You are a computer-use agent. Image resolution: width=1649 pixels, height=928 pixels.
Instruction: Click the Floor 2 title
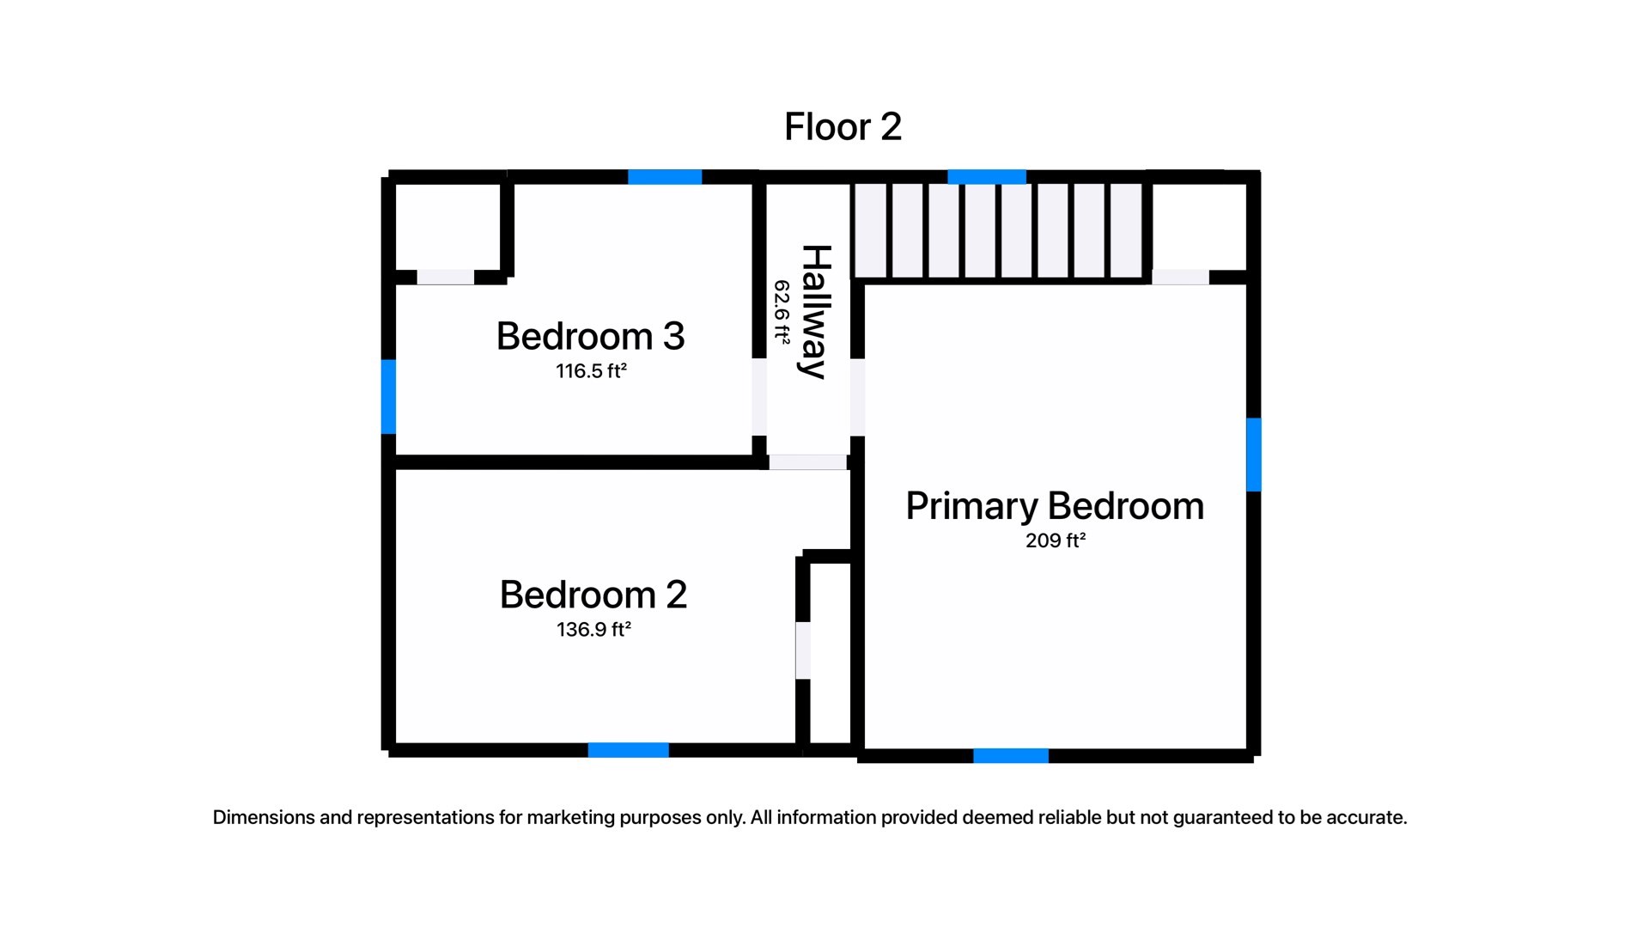(843, 127)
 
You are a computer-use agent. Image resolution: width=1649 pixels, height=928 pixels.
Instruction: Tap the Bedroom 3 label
(590, 336)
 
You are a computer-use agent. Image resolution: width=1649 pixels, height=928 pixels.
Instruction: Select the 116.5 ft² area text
(590, 371)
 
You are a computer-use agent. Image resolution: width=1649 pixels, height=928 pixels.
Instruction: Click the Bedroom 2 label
(593, 595)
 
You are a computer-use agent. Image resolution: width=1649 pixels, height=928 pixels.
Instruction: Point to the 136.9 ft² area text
(593, 630)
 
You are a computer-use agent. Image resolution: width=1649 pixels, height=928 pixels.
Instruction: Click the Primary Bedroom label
(1055, 506)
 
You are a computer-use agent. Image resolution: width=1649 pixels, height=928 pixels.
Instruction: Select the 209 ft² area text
(1055, 540)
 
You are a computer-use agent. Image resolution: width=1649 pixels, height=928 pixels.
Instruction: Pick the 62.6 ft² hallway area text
(782, 312)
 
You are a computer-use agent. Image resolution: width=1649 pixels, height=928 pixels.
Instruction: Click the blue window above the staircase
(987, 177)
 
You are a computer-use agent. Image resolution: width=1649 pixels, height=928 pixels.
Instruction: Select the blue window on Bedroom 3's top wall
(665, 177)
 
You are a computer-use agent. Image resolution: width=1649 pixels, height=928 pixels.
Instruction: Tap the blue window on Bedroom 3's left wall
(388, 396)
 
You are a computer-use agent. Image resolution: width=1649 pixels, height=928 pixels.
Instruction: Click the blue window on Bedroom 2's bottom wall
(628, 750)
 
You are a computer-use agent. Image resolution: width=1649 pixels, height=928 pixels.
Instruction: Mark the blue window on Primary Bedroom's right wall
(1254, 455)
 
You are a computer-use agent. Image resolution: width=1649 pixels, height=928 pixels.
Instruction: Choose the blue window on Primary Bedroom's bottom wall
(1011, 756)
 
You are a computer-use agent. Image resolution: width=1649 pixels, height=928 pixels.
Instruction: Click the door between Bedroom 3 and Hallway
(759, 397)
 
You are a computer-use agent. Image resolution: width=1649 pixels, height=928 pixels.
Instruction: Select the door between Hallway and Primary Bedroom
(857, 397)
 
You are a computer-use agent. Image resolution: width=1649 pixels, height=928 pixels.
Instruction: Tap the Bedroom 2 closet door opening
(803, 650)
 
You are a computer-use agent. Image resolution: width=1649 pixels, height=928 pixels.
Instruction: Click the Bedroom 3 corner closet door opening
(445, 277)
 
